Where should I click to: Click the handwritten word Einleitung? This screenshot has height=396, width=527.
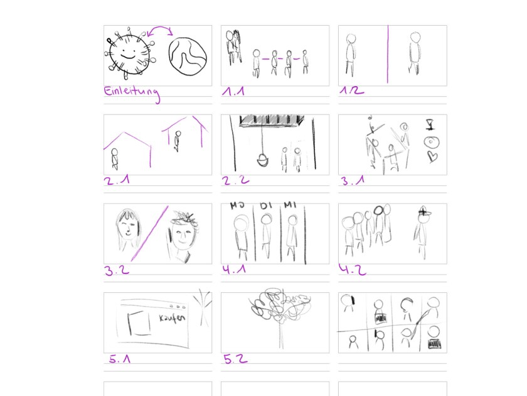point(131,92)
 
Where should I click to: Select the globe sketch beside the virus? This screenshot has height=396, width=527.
point(188,56)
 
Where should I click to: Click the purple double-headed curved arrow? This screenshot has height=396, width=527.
point(160,28)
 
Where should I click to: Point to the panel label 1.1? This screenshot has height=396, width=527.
point(233,91)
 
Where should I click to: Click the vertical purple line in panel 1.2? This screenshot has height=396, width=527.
point(388,54)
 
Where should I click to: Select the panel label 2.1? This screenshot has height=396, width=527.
point(117,180)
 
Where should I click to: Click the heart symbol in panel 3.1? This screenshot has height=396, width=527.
point(432,157)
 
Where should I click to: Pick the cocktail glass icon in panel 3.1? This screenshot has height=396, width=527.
point(430,124)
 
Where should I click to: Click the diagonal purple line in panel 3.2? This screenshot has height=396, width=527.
point(149,233)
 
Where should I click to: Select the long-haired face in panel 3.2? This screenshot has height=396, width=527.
point(127,228)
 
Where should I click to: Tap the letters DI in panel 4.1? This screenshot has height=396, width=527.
point(265,205)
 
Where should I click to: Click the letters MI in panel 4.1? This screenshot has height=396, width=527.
point(289,205)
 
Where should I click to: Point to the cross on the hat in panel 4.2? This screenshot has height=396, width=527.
point(424,212)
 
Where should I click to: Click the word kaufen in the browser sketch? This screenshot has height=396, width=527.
point(172,318)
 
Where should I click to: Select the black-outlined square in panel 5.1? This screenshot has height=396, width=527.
point(139,323)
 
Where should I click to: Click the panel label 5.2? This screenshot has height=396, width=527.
point(235,359)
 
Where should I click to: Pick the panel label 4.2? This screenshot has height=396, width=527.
point(352,270)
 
